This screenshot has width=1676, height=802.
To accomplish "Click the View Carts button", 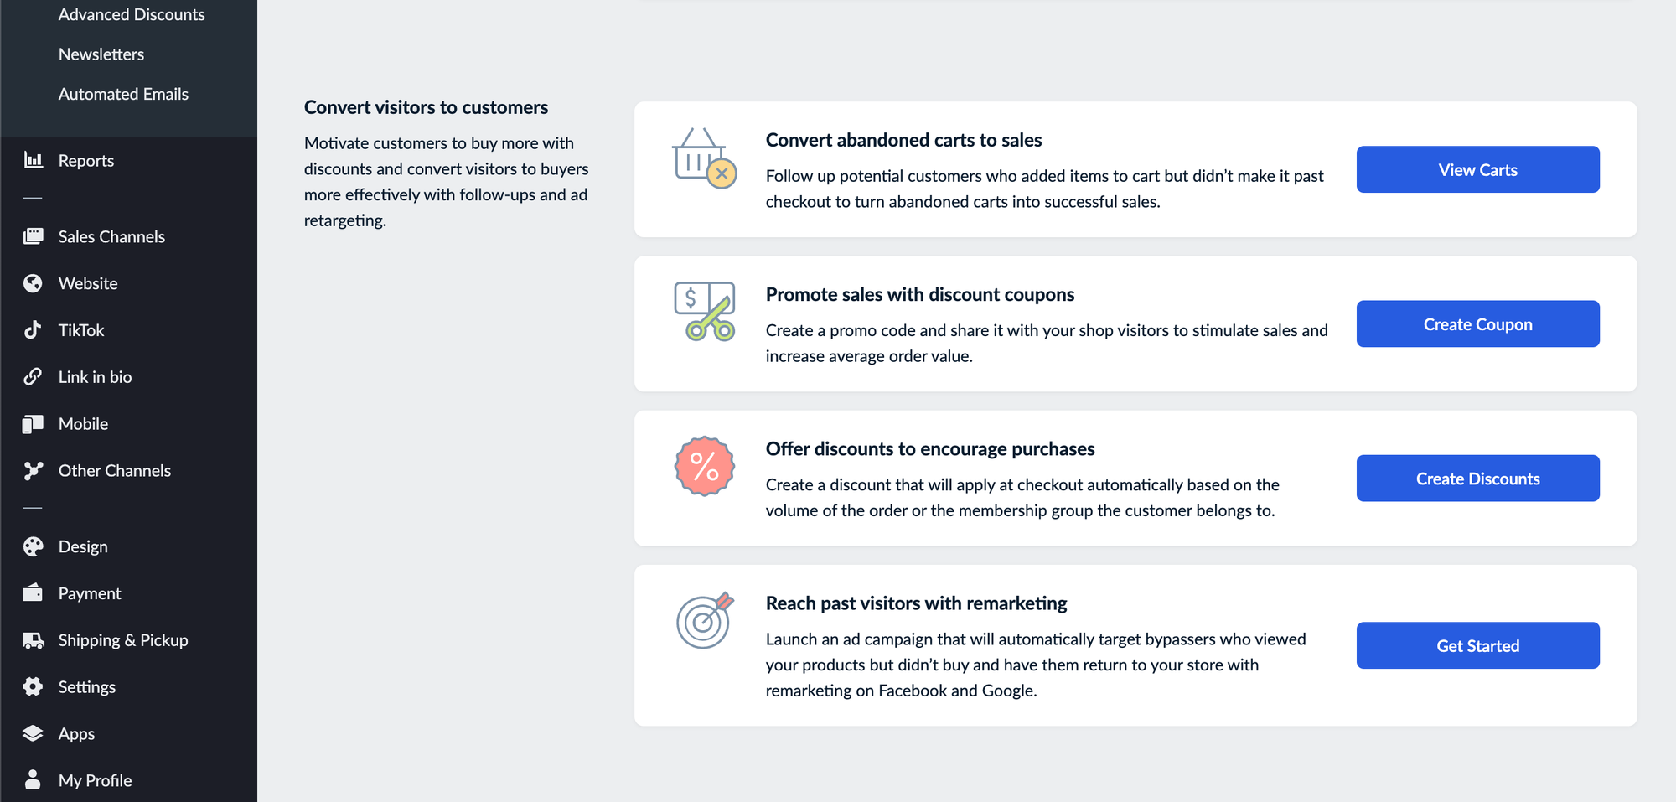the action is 1477,169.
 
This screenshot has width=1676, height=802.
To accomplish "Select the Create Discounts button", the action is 1477,479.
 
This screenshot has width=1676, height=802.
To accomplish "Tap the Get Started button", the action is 1477,645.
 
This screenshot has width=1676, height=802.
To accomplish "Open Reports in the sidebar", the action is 85,160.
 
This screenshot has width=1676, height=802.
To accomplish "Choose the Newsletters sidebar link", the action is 101,54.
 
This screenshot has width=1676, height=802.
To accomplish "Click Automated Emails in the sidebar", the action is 123,94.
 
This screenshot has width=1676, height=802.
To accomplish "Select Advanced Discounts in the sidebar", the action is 132,14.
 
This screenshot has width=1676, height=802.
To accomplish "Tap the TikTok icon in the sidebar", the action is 33,330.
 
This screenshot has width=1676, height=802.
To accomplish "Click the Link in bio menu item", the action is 95,377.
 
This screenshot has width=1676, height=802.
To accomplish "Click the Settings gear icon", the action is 33,687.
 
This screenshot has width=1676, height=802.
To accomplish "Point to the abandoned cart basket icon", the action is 704,158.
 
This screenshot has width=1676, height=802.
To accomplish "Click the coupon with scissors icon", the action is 705,311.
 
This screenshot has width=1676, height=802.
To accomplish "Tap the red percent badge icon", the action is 705,466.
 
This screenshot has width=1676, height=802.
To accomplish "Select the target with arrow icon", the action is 705,620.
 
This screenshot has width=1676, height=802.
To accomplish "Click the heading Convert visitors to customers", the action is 426,107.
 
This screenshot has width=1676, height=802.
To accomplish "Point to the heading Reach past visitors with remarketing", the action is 916,603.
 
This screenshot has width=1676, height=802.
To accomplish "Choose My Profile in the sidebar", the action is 95,780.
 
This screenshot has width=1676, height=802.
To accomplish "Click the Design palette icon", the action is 33,546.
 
